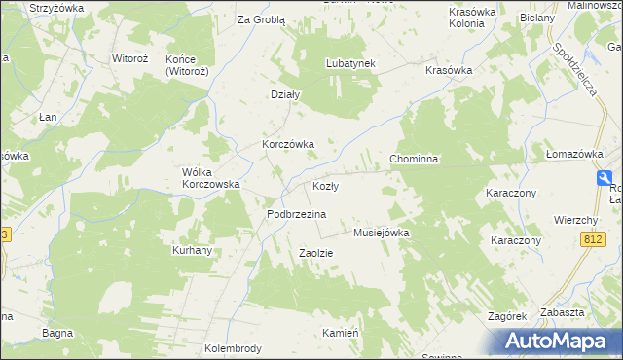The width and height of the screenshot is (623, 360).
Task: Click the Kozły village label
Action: [325, 186]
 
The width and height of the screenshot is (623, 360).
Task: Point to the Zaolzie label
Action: [315, 253]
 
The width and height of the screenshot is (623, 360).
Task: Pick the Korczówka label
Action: [287, 144]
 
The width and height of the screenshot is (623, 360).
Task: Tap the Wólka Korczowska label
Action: [211, 177]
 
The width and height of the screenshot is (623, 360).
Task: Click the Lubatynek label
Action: [350, 63]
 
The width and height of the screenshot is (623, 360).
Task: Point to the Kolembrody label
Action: [234, 347]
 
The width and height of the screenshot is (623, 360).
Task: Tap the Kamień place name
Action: [342, 333]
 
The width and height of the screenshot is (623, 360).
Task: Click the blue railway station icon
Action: [605, 178]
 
